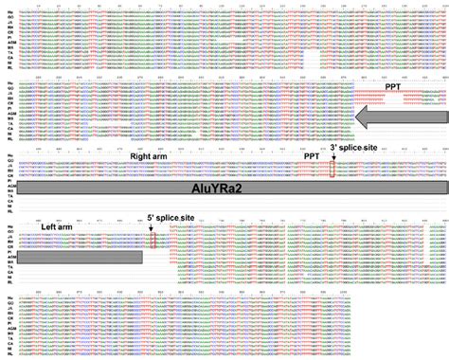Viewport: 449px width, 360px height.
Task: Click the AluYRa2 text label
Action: [234, 189]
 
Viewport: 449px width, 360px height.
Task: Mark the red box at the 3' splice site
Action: [332, 169]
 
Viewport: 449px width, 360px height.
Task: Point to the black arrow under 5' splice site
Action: [154, 227]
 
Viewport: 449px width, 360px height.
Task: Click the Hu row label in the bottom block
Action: [8, 297]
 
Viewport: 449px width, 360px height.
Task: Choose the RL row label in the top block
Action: [8, 66]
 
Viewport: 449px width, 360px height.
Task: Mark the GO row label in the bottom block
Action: [8, 303]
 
